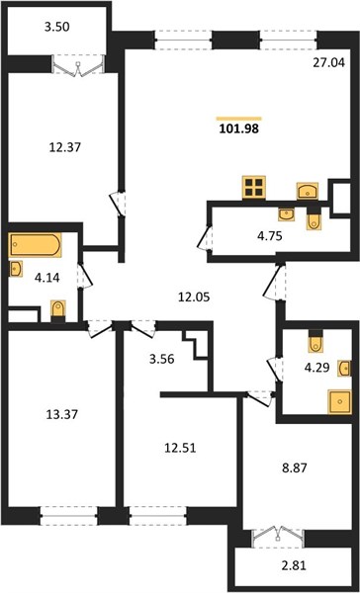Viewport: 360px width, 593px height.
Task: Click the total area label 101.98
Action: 239,128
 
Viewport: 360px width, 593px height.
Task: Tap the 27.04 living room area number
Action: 329,62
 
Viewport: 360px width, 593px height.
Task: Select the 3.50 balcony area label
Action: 56,28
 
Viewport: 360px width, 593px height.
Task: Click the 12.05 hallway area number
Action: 194,297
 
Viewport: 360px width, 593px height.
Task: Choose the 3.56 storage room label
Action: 161,359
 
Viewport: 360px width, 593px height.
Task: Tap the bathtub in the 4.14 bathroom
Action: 35,245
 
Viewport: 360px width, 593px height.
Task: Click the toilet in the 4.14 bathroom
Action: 58,311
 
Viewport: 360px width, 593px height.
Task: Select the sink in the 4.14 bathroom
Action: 16,269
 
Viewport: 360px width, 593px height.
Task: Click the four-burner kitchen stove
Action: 254,187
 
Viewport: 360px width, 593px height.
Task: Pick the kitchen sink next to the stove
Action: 308,191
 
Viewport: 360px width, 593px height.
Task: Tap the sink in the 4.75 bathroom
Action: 286,214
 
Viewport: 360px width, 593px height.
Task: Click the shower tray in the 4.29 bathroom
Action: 339,402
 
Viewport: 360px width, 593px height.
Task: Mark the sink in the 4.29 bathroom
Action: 345,369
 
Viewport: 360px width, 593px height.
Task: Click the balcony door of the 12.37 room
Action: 78,65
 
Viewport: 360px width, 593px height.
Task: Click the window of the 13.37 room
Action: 69,516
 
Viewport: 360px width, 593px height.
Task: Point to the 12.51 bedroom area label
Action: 181,448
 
